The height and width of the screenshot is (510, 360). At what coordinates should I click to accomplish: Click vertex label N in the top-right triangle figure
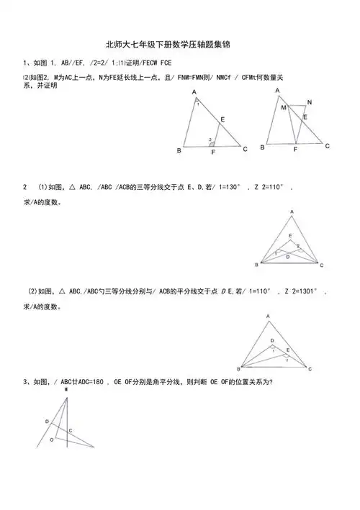coord(309,101)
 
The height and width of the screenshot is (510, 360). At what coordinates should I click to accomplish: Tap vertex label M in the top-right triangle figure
coord(284,108)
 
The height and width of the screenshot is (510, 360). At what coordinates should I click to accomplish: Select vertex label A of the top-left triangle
coord(194,92)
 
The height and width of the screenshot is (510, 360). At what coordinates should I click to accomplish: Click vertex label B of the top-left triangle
coord(179,150)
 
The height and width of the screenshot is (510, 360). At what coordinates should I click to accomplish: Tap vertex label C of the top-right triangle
coord(327,146)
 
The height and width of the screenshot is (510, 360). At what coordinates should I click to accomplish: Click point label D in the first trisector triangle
coord(287,255)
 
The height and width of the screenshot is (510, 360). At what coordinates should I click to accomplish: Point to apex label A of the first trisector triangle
coord(292,211)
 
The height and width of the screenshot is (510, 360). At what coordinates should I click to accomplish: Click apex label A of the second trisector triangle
coord(268,317)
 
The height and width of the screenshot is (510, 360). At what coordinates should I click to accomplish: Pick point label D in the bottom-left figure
coord(47,422)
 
